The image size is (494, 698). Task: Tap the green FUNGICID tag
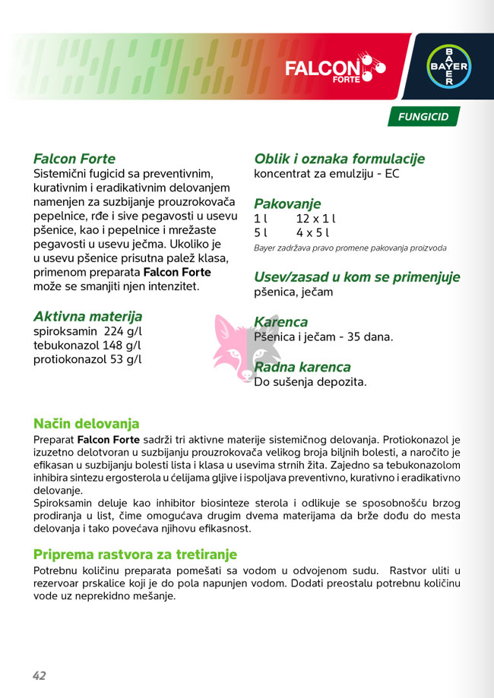coord(423,117)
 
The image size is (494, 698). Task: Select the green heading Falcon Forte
coord(74,159)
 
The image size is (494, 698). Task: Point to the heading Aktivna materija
coord(87,317)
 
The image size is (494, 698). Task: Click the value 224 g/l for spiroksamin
coord(122,332)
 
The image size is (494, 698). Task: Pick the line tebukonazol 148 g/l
coord(87,346)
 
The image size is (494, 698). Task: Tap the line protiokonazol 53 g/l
coord(87,359)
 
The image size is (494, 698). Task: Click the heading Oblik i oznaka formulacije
coord(339,159)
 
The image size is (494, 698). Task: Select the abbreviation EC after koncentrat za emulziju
coord(392,173)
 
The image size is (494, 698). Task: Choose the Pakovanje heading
coord(287,204)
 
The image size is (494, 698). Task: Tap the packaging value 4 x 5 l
coord(312,232)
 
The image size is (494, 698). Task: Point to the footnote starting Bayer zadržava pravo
coord(350,248)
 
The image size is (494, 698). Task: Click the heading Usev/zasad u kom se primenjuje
coord(356,277)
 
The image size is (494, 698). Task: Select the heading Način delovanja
coord(86,423)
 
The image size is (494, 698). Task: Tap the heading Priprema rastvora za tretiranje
coord(135,554)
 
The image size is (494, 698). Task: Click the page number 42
coord(40,675)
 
